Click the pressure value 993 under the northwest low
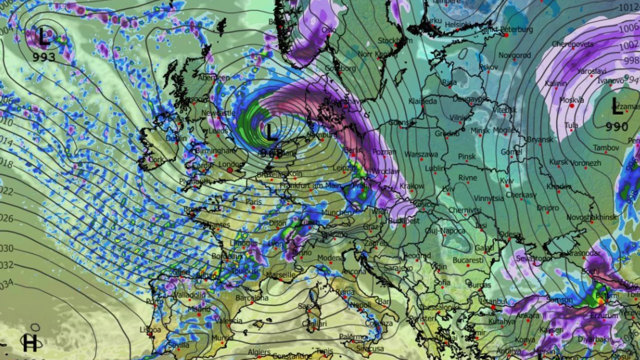(x=44, y=57)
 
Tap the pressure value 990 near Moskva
(x=617, y=127)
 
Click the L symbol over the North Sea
(x=271, y=132)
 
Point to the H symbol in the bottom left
(x=30, y=343)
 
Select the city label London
(x=231, y=164)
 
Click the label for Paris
(x=253, y=202)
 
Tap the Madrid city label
(x=199, y=309)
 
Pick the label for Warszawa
(x=421, y=154)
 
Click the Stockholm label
(x=395, y=41)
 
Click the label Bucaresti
(x=468, y=260)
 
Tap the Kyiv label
(x=506, y=181)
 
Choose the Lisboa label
(x=150, y=330)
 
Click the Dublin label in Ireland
(x=176, y=138)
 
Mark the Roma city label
(x=345, y=292)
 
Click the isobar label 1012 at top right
(x=628, y=7)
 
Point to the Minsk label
(x=480, y=131)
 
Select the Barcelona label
(x=252, y=298)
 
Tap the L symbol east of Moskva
(x=617, y=108)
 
